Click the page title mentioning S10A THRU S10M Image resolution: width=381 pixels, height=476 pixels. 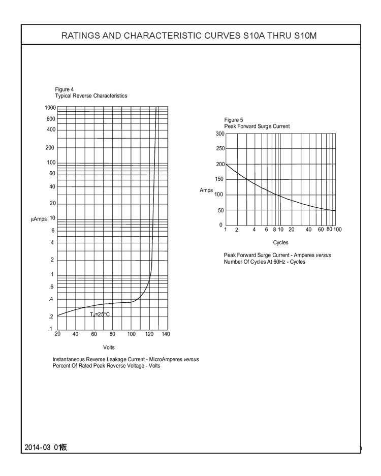pos(190,36)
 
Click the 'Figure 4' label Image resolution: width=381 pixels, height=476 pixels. pos(64,90)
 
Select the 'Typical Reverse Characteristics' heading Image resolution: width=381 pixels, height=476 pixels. pos(91,96)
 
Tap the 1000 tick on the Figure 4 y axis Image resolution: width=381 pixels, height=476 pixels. pos(50,108)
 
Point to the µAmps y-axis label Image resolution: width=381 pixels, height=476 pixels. pos(39,219)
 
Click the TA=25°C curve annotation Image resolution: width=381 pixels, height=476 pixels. pos(100,314)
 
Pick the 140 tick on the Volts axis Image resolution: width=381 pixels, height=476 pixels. pos(166,334)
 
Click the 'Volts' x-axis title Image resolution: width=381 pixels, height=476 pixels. pos(109,347)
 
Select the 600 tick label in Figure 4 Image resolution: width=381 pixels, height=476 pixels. pos(51,119)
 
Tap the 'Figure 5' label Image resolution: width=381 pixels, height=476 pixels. pos(233,120)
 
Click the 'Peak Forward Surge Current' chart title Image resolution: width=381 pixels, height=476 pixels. pos(257,126)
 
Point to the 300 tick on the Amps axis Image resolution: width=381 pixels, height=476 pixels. pos(219,134)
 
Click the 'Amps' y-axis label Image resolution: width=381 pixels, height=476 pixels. pos(206,189)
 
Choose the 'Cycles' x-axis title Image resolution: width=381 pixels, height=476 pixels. pos(280,243)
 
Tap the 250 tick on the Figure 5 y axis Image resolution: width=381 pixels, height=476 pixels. pos(219,149)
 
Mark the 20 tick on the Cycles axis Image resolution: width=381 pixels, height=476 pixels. pos(291,230)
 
